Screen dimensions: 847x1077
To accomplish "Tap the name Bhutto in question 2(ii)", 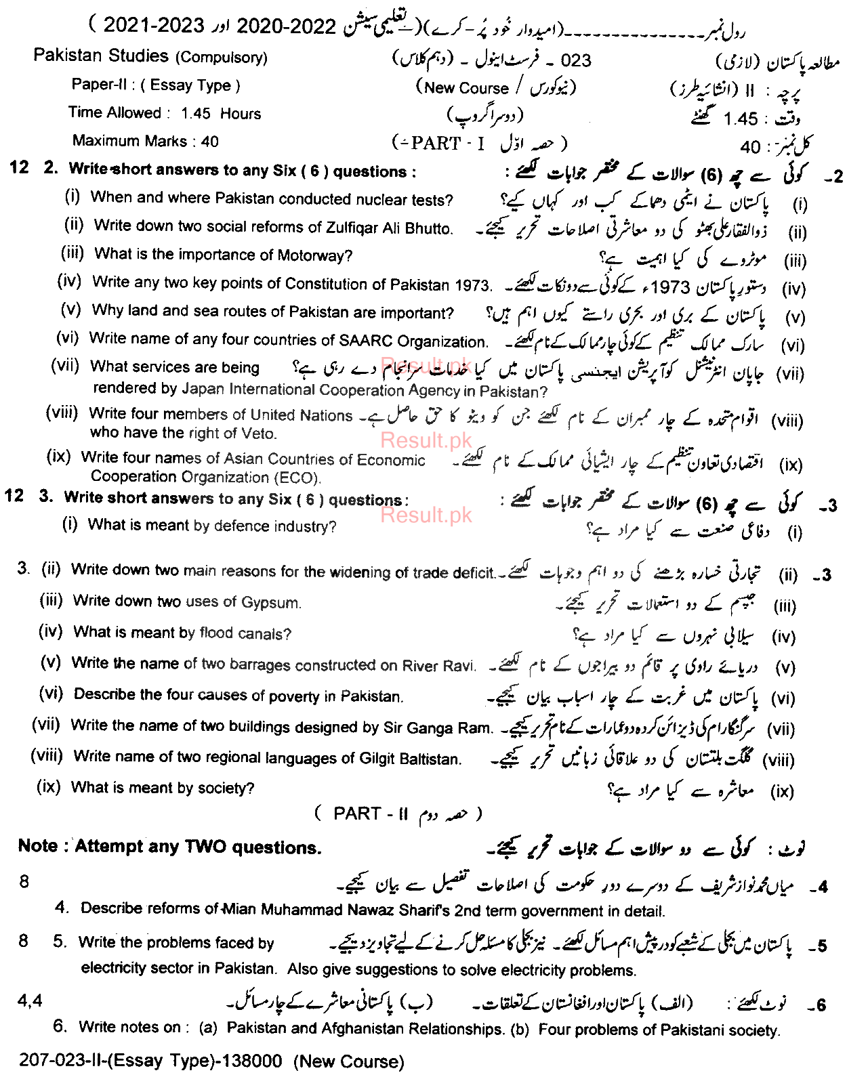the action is point(428,228).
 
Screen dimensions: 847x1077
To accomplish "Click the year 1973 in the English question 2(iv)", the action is point(472,285).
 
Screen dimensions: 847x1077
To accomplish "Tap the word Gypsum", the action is point(271,602).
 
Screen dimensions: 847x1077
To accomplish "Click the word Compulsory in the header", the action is point(222,58).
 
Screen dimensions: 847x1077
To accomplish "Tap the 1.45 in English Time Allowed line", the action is point(196,113).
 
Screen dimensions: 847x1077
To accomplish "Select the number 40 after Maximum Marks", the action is point(209,142).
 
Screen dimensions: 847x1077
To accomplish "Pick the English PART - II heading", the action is point(371,814).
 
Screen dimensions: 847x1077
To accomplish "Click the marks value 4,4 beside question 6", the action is point(30,1000).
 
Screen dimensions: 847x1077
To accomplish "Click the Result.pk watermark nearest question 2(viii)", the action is point(426,440).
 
